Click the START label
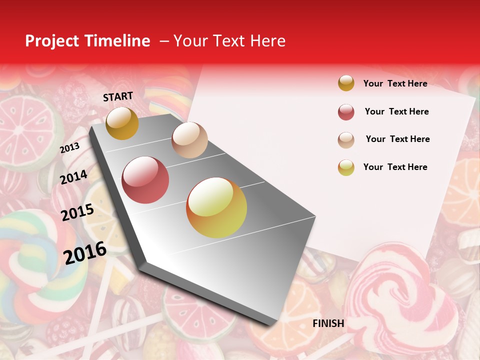[x=118, y=96]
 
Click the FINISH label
[x=328, y=323]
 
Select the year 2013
[x=69, y=147]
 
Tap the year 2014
[x=73, y=177]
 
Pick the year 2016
[x=85, y=252]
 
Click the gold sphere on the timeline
[x=122, y=123]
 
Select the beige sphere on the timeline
[x=189, y=140]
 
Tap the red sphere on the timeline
[x=145, y=180]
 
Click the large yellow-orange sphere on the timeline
[x=216, y=207]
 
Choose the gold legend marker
[x=346, y=83]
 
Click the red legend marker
[x=346, y=112]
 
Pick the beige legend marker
[x=346, y=140]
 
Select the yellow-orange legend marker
[x=346, y=167]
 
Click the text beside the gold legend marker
[x=395, y=83]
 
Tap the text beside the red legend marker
[x=396, y=111]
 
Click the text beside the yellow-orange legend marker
[x=395, y=167]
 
